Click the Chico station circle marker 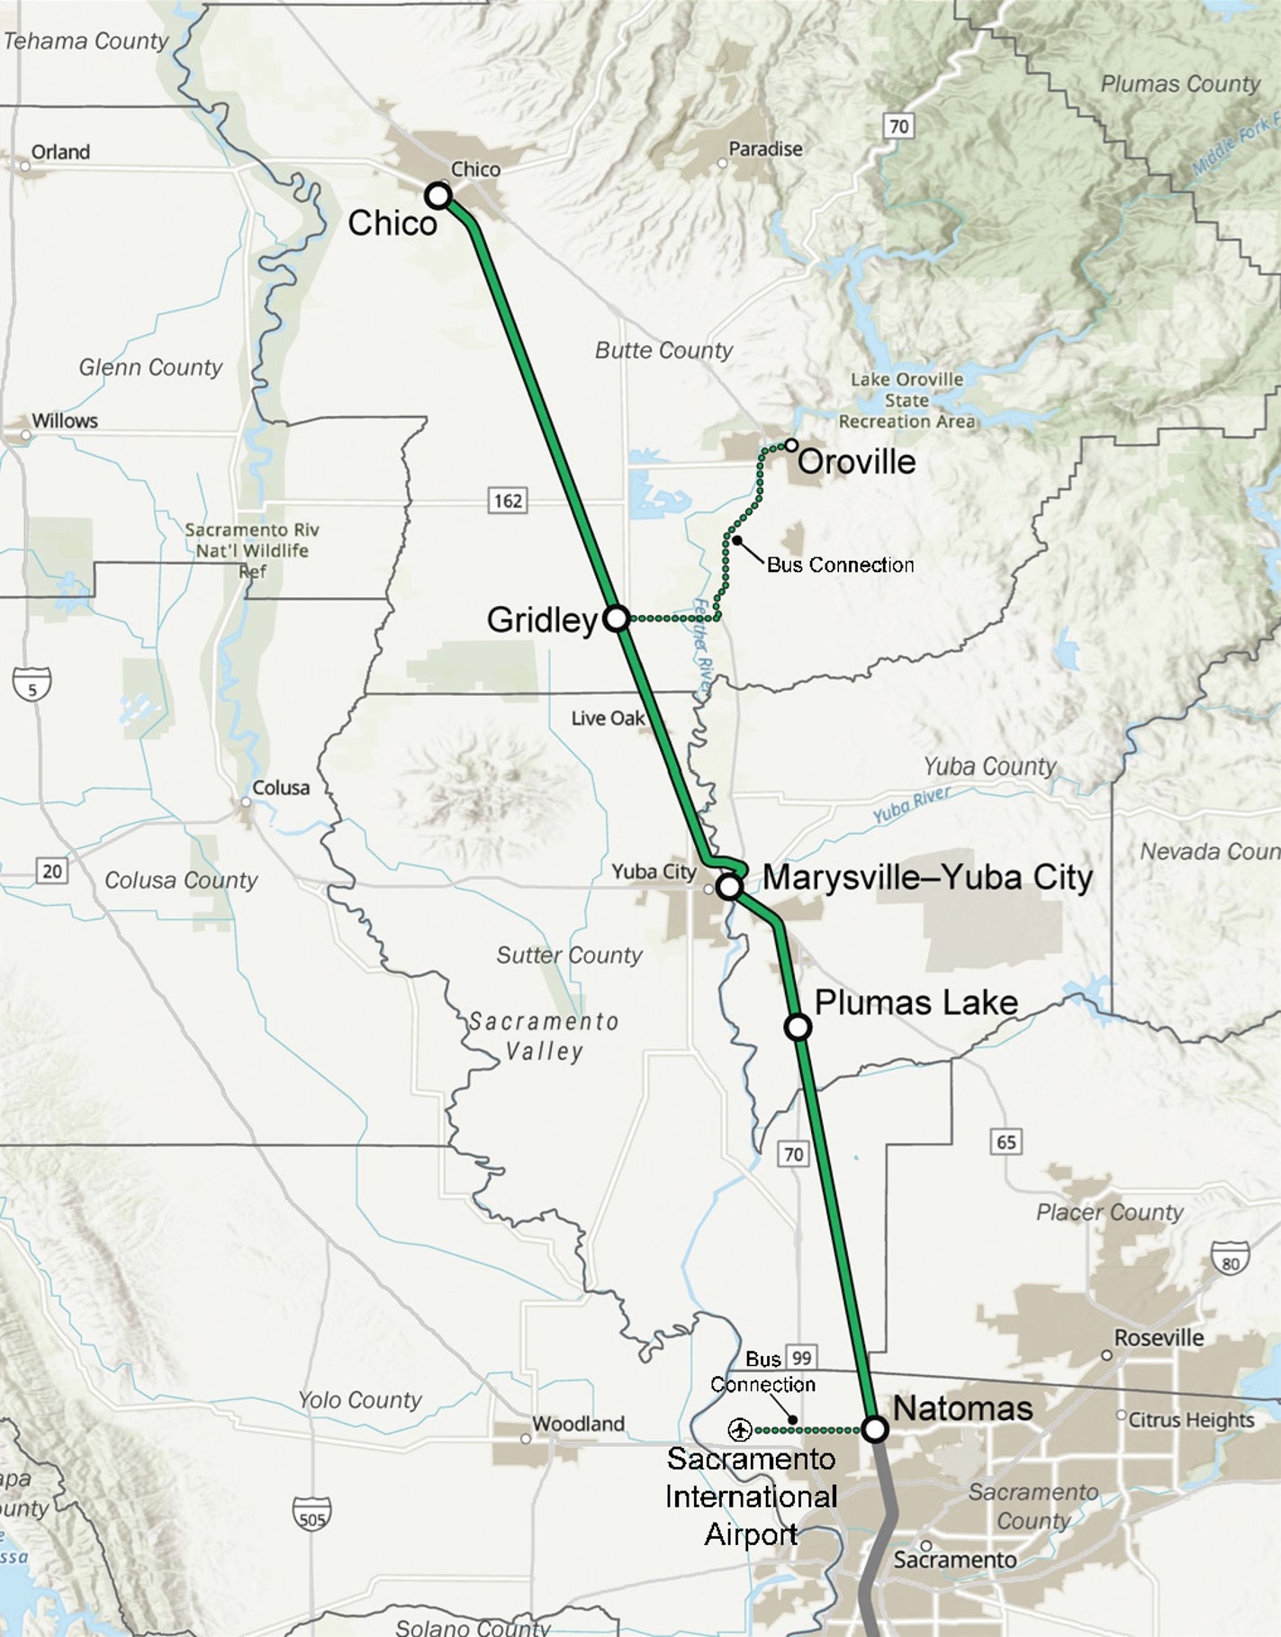(438, 195)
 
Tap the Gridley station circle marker (617, 619)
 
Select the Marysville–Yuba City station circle (729, 887)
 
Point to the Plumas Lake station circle (798, 1027)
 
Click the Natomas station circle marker (875, 1429)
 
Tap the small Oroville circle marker (791, 445)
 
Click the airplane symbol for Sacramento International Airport (740, 1429)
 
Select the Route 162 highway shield (508, 501)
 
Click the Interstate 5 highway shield (32, 685)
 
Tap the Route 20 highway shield (52, 871)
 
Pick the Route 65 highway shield (1006, 1143)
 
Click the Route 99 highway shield (800, 1358)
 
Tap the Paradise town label (765, 149)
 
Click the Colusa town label (280, 788)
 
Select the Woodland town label (578, 1424)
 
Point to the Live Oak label (608, 718)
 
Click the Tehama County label (86, 41)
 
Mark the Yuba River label (912, 806)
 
